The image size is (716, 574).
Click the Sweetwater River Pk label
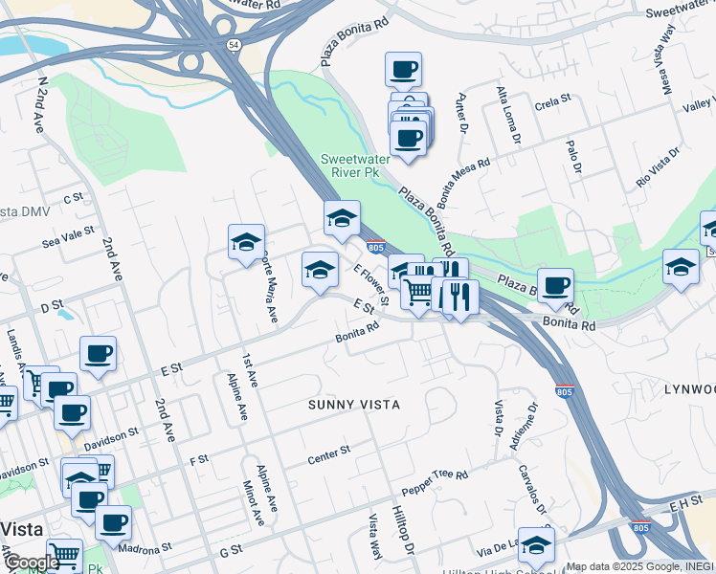[x=350, y=166]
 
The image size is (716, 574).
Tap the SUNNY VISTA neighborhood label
[x=354, y=405]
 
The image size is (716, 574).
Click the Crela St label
[x=552, y=99]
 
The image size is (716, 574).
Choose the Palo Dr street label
[x=574, y=157]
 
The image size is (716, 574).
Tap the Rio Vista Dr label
[x=658, y=165]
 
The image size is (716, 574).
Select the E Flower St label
[x=371, y=286]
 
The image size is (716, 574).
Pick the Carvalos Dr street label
[x=532, y=489]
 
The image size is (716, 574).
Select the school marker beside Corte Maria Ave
[x=246, y=243]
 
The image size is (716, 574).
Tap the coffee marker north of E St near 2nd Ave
[x=98, y=354]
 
